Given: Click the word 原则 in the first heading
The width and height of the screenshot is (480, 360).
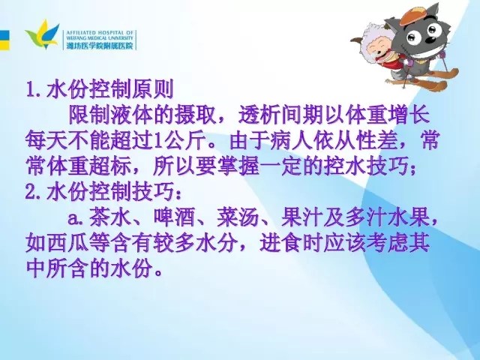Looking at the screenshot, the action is pos(153,89).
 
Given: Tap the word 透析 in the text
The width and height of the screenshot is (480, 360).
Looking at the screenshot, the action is pos(259,115).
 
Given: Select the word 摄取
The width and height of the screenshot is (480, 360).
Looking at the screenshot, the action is pos(196,115).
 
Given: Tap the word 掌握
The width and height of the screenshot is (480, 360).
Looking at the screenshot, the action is pos(238,166).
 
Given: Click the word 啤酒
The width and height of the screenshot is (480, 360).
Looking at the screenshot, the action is pos(174,217).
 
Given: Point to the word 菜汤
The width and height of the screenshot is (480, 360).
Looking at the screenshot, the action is pos(238,217).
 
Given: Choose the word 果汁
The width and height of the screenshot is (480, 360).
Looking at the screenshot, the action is pos(302,217).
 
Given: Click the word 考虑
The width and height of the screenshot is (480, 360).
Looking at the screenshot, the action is pos(387,244).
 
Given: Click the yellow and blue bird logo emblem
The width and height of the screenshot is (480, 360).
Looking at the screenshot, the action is pos(43,34).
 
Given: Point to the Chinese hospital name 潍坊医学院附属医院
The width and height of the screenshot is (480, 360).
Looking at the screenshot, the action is pos(100,46).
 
